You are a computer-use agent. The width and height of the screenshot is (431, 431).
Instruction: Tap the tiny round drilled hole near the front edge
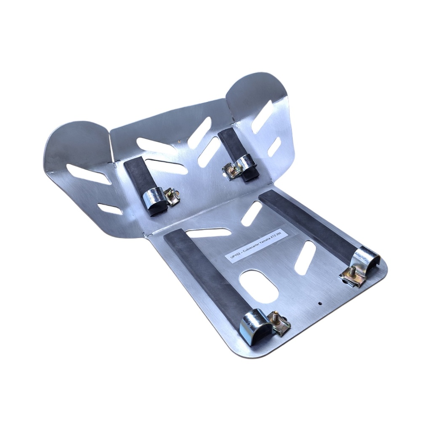coord(319,304)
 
